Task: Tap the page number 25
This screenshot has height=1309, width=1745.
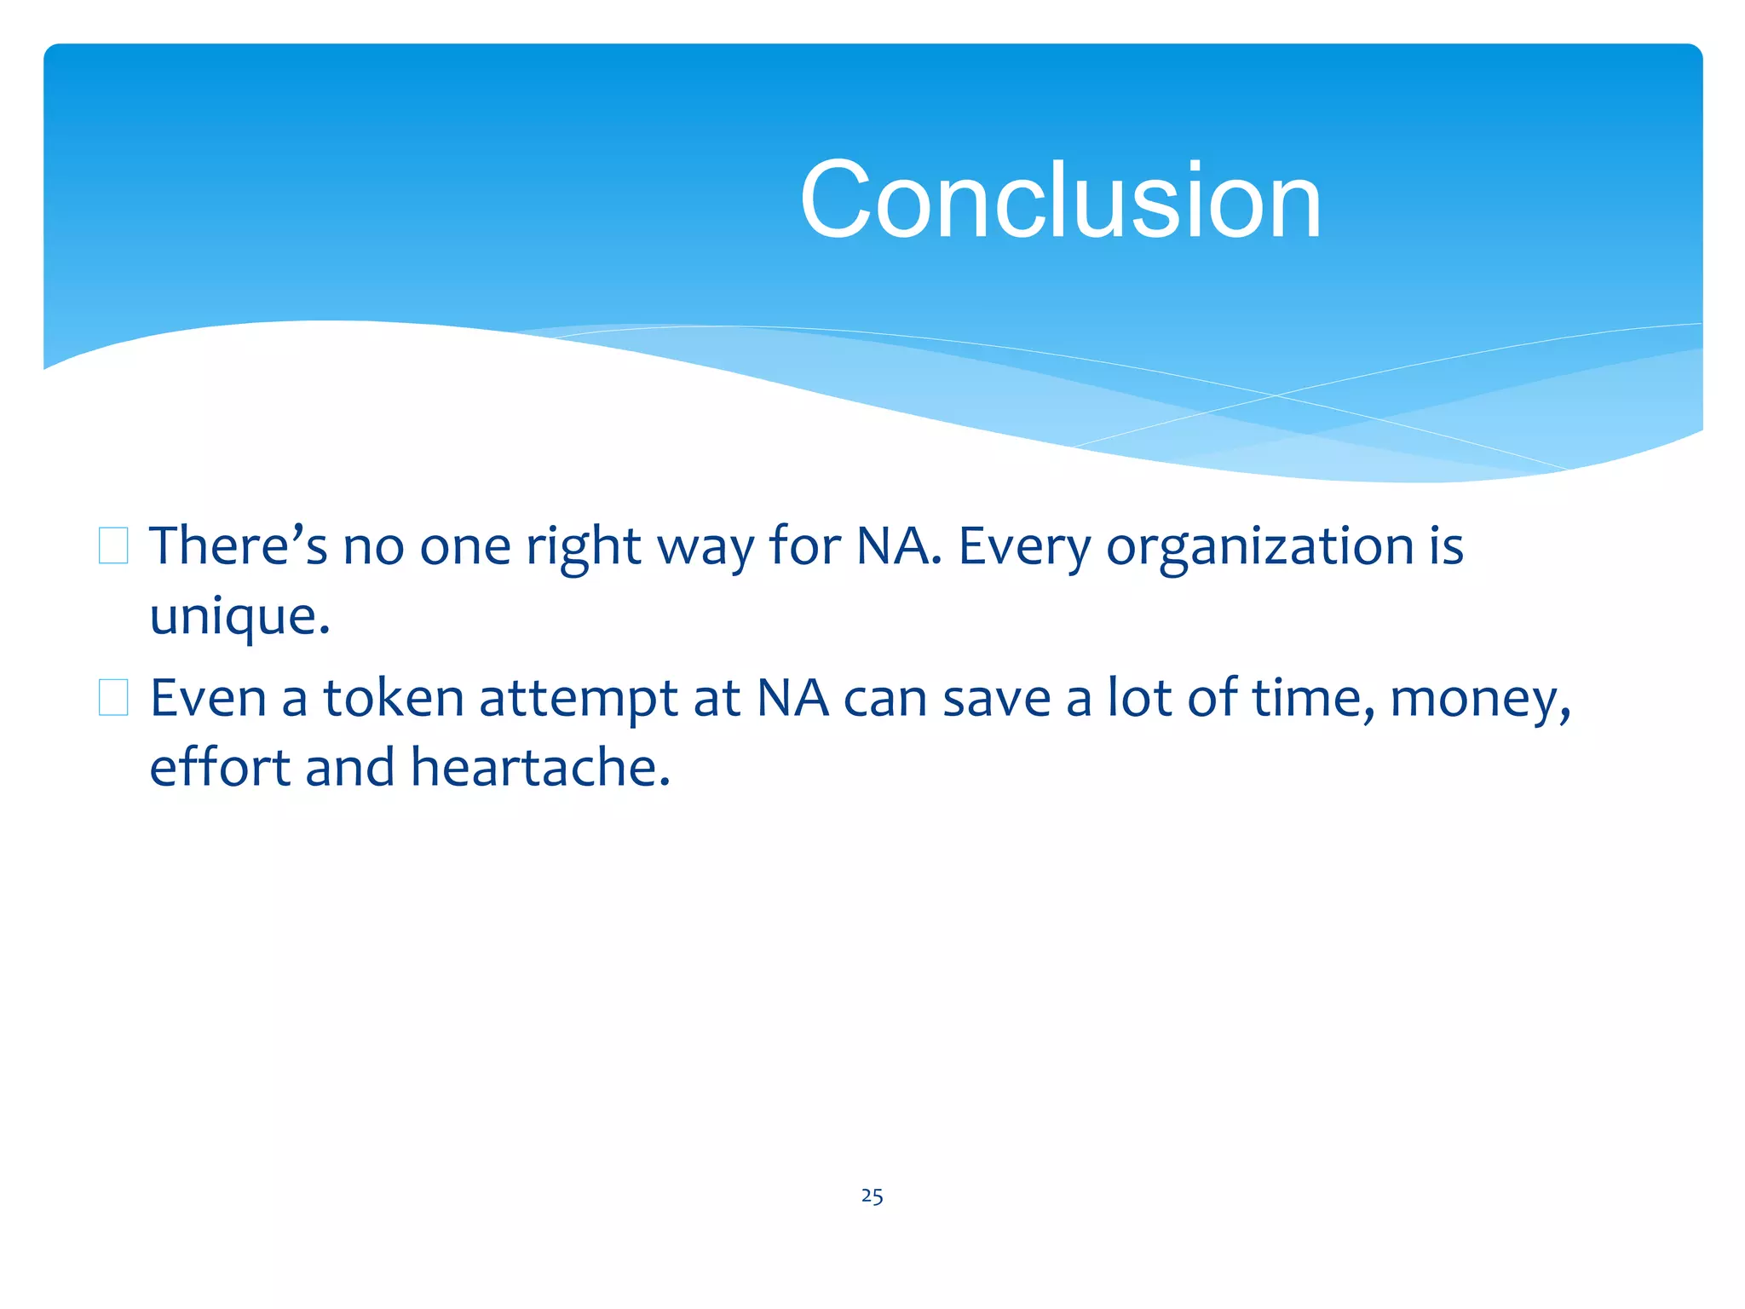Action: tap(872, 1196)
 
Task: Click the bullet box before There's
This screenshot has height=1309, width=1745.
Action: tap(113, 546)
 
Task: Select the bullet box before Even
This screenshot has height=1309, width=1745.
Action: tap(113, 698)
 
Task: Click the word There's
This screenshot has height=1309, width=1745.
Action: tap(238, 546)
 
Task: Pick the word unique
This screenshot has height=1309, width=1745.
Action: tap(239, 617)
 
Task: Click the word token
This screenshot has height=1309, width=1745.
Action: tap(393, 699)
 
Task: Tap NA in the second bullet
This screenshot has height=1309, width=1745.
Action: tap(792, 699)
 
